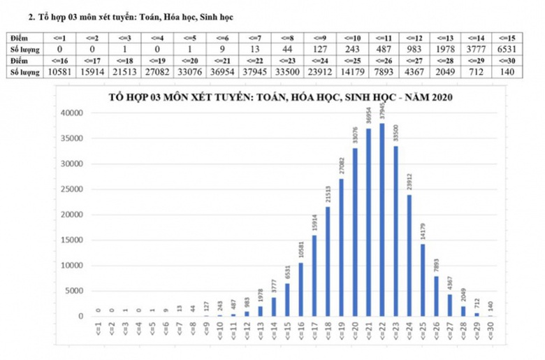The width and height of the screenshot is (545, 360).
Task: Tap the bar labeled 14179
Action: click(x=423, y=280)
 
